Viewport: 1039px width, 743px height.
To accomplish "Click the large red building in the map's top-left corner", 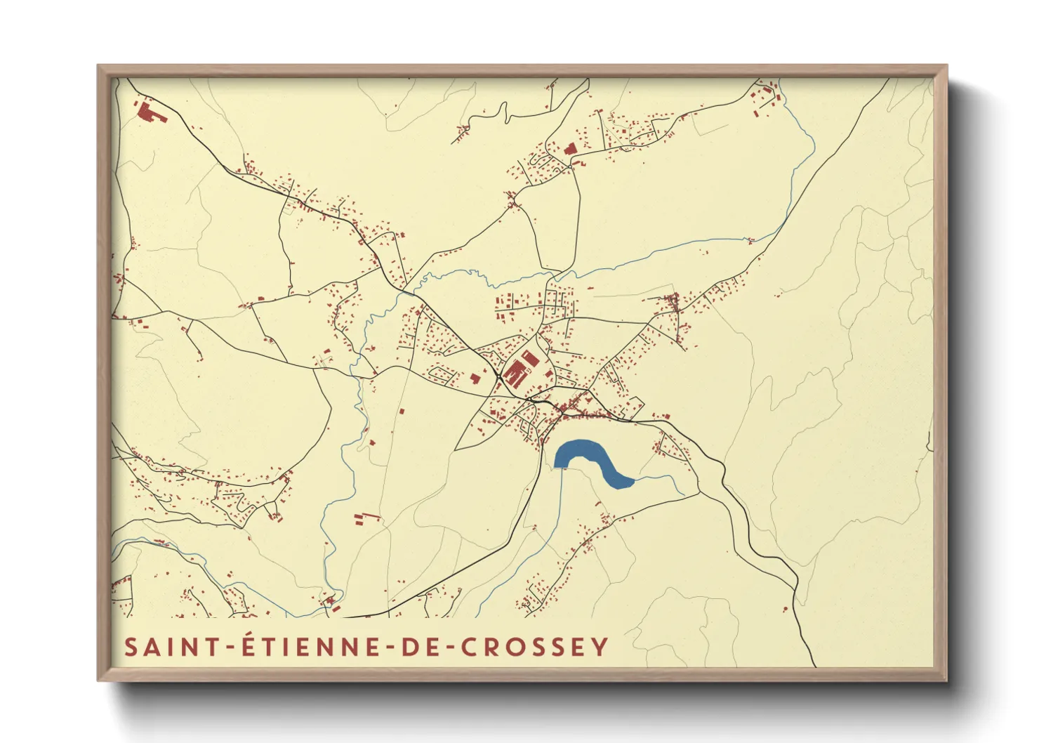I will [x=148, y=112].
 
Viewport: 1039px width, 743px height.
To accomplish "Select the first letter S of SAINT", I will [x=131, y=647].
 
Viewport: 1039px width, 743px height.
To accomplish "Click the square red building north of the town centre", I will [x=570, y=149].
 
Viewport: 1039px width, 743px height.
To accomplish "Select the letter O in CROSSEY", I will [x=512, y=647].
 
